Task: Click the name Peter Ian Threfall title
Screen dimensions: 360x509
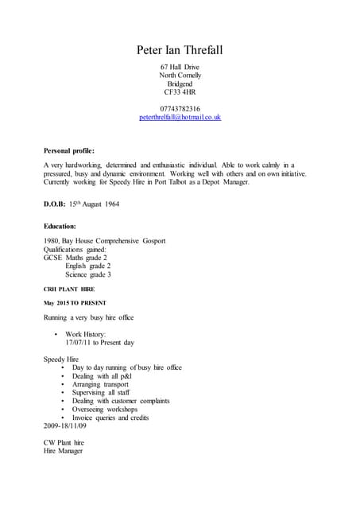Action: (180, 51)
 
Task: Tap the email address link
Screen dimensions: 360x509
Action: (180, 118)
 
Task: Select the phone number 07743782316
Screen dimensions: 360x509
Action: (180, 109)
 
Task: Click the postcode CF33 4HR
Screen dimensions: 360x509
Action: (180, 92)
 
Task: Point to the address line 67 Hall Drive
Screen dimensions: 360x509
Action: (180, 67)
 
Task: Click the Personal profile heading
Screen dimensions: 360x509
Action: (69, 150)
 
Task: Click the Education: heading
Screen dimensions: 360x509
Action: (60, 227)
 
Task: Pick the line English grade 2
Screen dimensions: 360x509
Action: (87, 266)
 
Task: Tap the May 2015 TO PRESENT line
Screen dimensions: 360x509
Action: (75, 304)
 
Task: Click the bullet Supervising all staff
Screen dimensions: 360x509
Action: (101, 393)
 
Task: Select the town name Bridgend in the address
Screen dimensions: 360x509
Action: (180, 84)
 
